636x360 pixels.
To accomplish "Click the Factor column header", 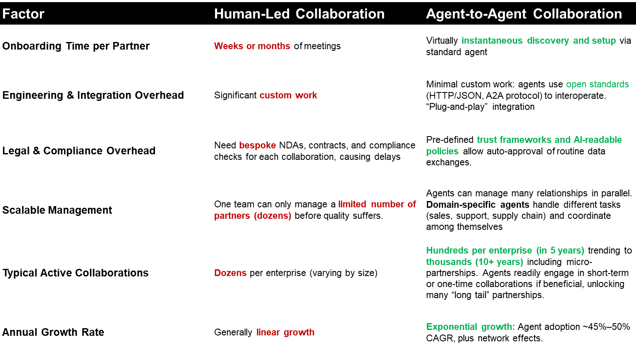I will tap(23, 14).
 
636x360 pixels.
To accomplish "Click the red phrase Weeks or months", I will tap(252, 46).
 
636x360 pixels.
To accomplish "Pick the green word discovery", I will tap(548, 41).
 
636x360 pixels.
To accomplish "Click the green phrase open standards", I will tap(597, 84).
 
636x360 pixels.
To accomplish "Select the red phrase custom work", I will tap(288, 95).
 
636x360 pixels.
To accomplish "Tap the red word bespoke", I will tap(257, 145).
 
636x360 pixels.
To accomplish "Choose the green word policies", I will tap(442, 151).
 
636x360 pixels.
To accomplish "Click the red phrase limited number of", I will tap(377, 204).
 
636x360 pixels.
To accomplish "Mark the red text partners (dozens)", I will tap(253, 216).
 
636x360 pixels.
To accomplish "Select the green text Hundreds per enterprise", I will tap(479, 251).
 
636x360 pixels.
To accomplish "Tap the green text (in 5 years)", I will tap(560, 251).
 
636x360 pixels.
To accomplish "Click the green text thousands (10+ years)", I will tap(474, 262).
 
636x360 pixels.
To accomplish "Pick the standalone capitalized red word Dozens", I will tap(230, 273).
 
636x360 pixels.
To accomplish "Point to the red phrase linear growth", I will tap(285, 332).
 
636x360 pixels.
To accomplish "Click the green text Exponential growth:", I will tap(470, 327).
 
